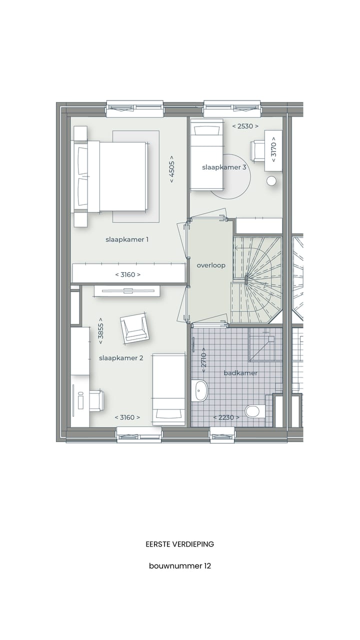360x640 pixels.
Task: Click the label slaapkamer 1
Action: click(127, 239)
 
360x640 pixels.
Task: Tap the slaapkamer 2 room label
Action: click(121, 358)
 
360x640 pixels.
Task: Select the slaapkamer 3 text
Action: click(224, 167)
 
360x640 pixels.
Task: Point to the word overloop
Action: click(210, 265)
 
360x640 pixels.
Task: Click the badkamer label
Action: click(240, 373)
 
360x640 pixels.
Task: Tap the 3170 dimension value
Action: click(273, 150)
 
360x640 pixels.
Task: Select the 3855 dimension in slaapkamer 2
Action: click(101, 329)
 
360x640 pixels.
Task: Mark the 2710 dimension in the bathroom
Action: click(203, 358)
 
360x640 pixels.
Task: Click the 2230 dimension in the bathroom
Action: click(225, 417)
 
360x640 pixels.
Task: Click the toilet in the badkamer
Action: click(253, 411)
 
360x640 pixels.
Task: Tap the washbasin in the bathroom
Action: click(200, 390)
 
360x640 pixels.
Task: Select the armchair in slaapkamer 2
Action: click(134, 328)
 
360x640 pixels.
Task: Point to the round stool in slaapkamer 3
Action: click(271, 181)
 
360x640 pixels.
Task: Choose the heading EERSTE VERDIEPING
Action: click(180, 544)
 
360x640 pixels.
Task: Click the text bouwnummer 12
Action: click(180, 566)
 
